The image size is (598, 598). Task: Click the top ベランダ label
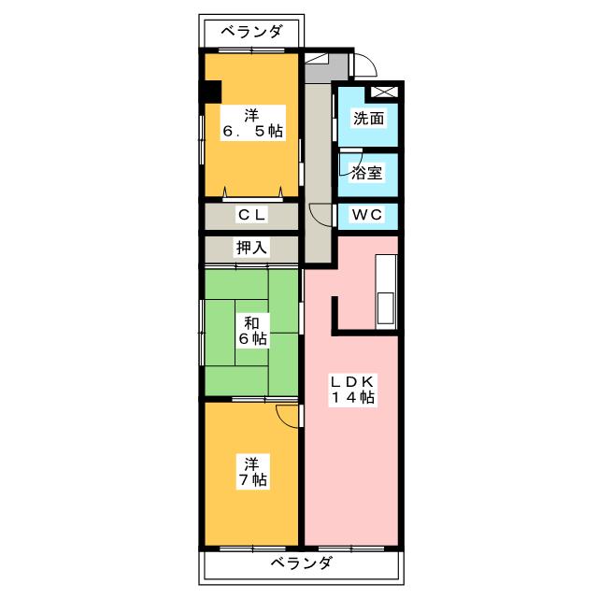point(251,32)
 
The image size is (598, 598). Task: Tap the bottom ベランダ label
point(301,562)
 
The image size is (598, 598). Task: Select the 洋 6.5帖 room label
point(253,122)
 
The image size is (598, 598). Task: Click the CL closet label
point(251,215)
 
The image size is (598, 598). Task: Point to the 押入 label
point(251,248)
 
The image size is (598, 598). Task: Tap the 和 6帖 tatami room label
point(252,331)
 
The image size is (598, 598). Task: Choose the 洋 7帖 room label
point(252,472)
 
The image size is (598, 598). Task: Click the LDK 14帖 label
point(353,390)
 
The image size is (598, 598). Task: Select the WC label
point(367,215)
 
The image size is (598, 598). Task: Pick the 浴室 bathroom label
point(366,173)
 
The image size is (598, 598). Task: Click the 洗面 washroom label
point(368,119)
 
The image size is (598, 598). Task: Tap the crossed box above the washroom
point(384,92)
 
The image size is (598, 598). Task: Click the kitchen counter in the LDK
point(386,292)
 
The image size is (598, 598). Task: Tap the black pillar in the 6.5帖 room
point(211,92)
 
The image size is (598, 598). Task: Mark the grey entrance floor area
point(325,68)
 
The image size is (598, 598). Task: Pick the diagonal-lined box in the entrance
point(317,58)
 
